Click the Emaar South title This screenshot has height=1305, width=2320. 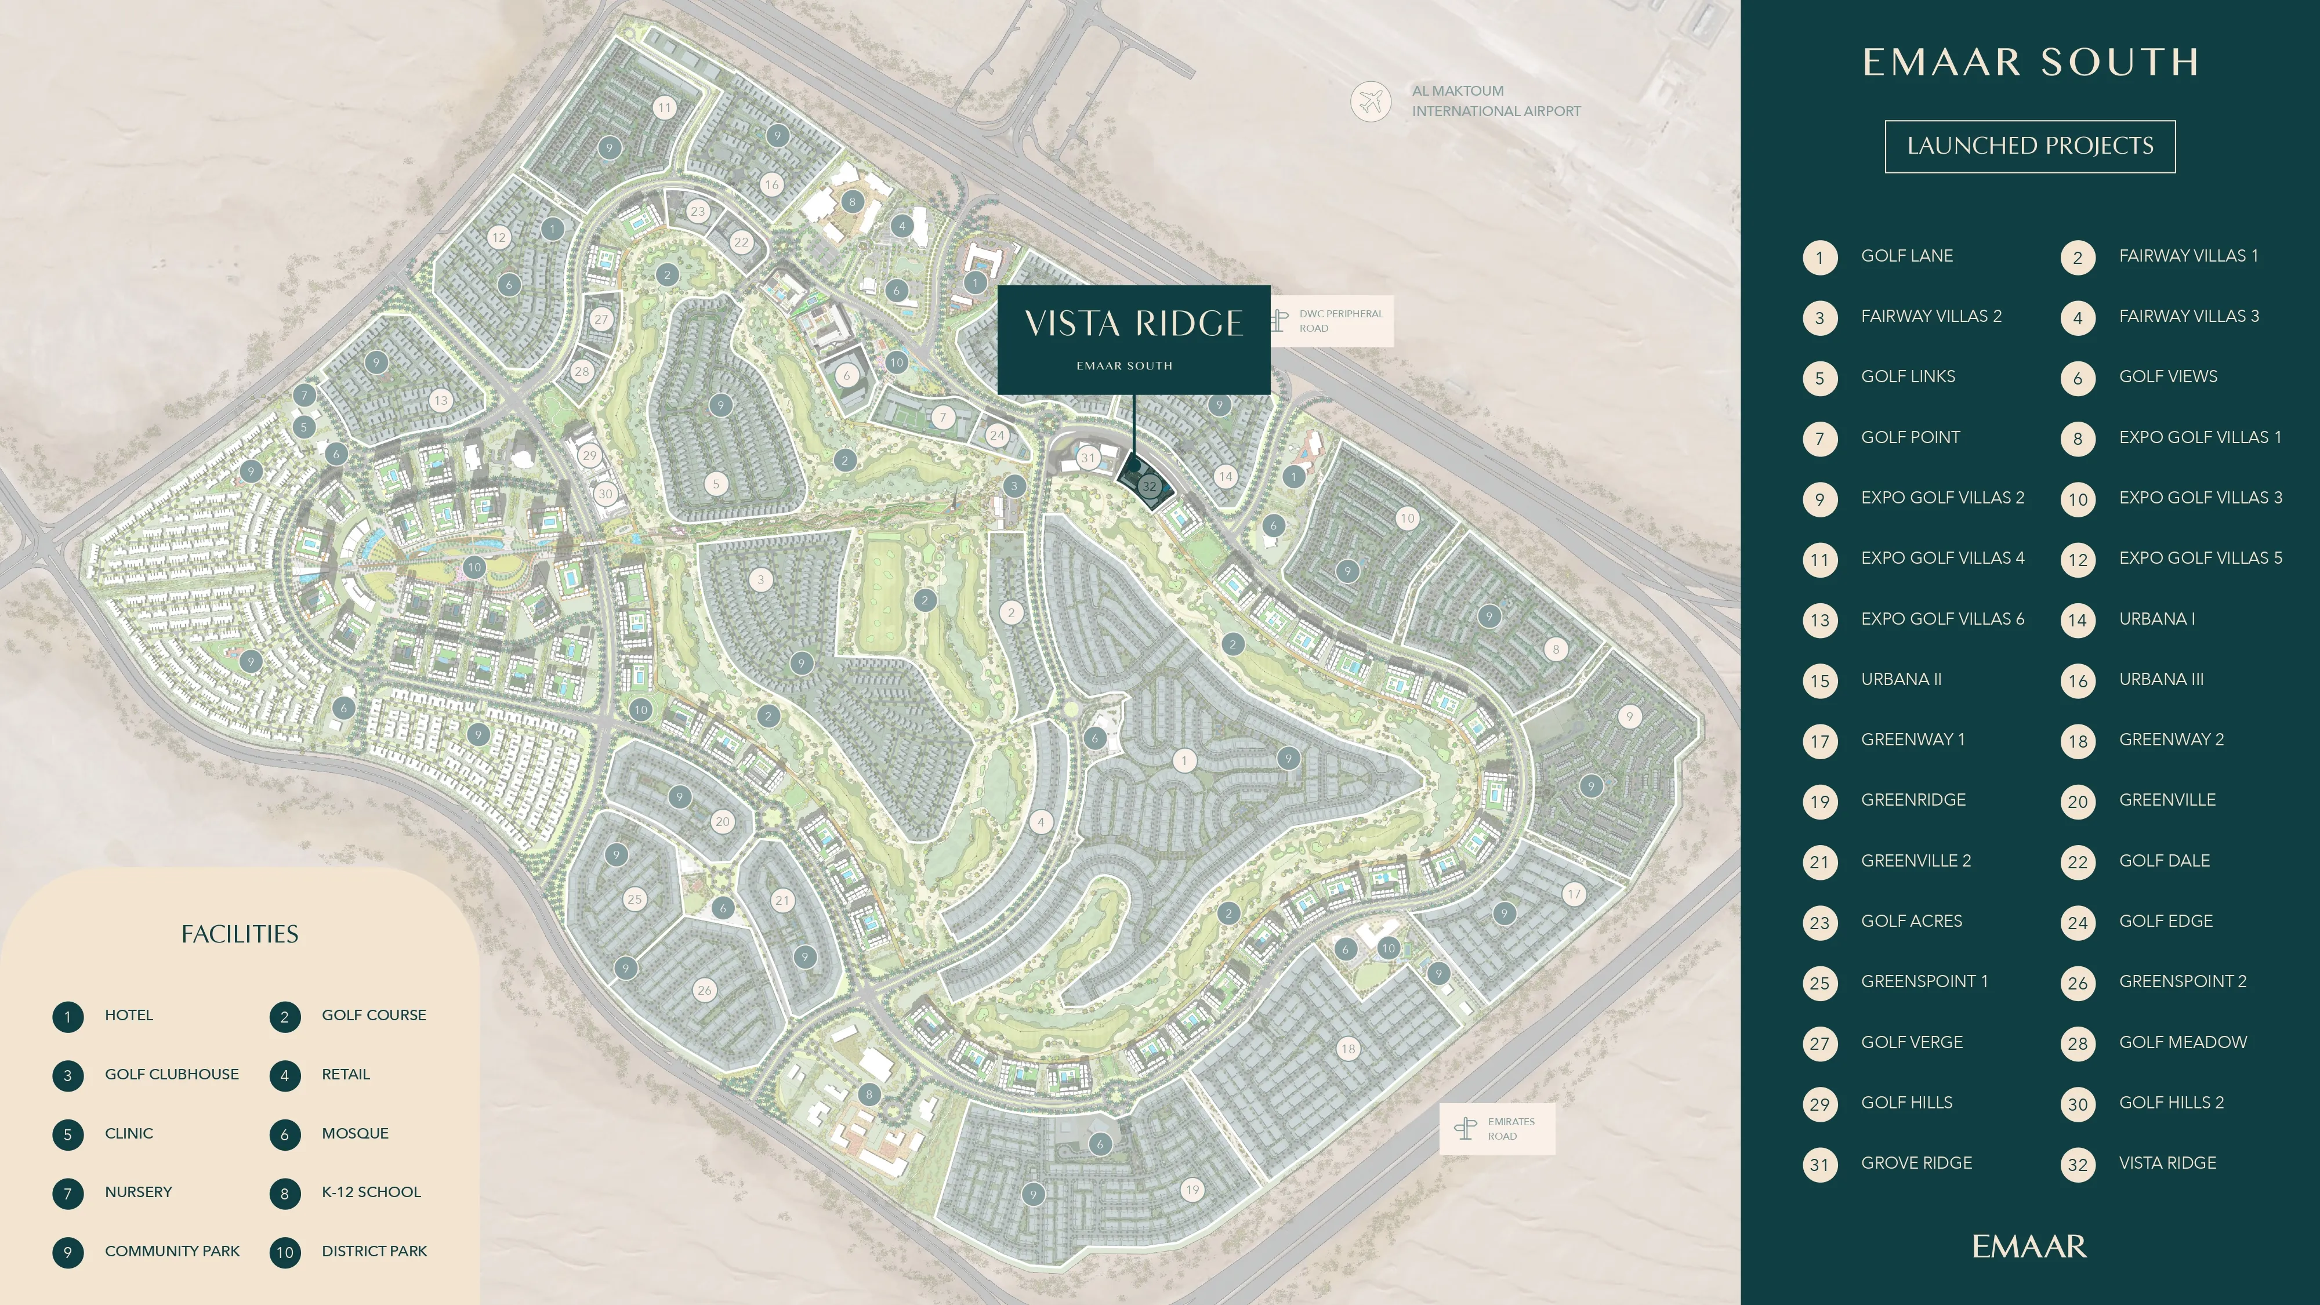coord(2030,62)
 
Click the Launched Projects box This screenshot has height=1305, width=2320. coord(2030,146)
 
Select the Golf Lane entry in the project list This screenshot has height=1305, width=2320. coord(1906,256)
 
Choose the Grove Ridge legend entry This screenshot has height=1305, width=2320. coord(1916,1163)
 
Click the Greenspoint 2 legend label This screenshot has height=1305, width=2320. coord(2182,981)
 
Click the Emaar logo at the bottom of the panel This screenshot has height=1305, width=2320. coord(2029,1246)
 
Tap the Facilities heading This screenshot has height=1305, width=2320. coord(240,934)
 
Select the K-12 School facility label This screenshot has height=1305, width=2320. coord(371,1191)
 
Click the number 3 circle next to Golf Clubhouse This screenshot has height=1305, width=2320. coord(67,1075)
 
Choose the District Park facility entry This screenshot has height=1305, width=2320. coord(374,1251)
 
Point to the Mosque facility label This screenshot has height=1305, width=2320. coord(355,1133)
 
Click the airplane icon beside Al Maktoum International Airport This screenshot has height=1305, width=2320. coord(1371,101)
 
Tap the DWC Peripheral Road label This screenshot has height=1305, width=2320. coord(1340,321)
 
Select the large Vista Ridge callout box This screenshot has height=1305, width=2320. coord(1133,339)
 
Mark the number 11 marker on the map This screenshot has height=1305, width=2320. coord(664,108)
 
